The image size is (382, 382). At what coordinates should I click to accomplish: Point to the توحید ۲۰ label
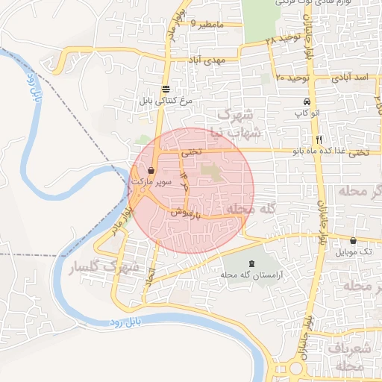point(291,77)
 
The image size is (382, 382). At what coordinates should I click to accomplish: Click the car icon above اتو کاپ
point(307,102)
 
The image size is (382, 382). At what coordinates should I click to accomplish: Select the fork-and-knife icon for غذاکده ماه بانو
point(319,140)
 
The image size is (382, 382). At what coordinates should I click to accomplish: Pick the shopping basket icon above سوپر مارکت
point(151,171)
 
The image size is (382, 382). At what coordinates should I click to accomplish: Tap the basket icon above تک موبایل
point(353,241)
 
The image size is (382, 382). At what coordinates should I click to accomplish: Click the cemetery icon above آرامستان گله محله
point(249,263)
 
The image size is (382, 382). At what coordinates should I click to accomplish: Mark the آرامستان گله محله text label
point(249,275)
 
